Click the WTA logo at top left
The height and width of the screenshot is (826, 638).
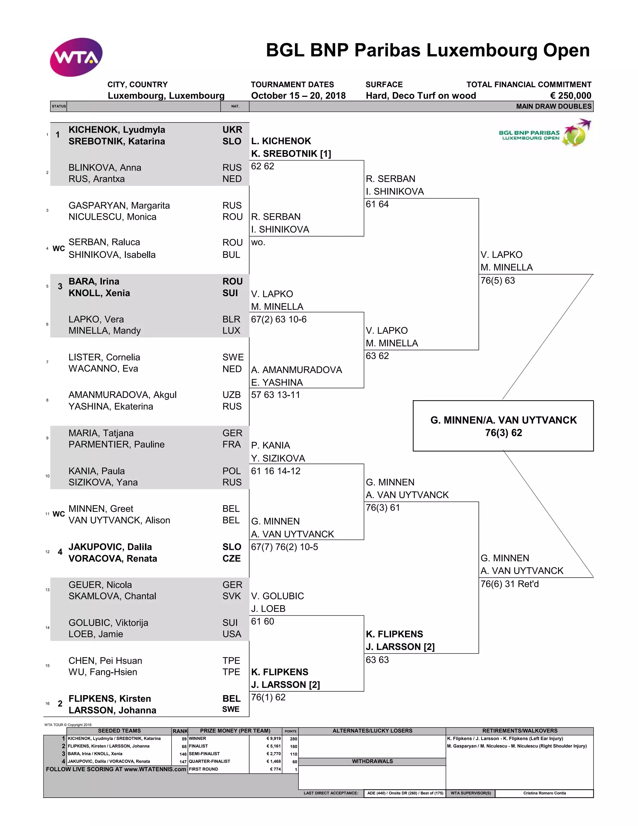(76, 57)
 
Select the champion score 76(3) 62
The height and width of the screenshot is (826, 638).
(503, 433)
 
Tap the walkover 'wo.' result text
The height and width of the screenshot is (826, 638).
(258, 242)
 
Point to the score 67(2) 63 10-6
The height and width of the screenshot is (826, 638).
(279, 319)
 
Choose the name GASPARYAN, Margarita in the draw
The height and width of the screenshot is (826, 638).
(119, 205)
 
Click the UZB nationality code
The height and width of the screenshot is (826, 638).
(231, 395)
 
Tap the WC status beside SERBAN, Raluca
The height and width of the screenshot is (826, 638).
(59, 248)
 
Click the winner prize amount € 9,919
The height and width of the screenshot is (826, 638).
(273, 738)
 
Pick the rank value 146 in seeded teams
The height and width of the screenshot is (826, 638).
(183, 754)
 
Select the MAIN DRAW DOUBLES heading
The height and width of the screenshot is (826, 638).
(553, 106)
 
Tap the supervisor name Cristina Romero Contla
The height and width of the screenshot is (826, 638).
(544, 793)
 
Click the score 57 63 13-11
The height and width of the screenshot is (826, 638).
(275, 395)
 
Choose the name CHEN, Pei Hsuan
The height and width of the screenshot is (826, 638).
(105, 661)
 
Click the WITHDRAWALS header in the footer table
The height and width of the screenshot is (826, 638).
(372, 761)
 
